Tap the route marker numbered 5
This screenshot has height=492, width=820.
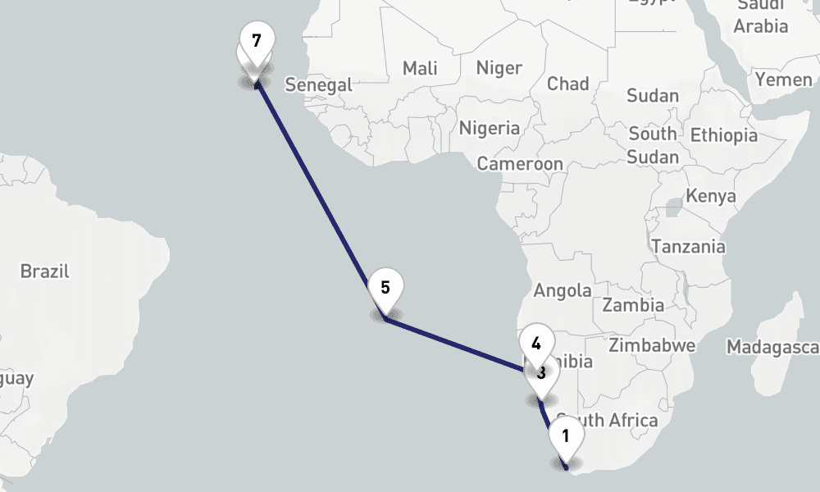tap(385, 289)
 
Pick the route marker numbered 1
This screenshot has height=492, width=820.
tap(566, 436)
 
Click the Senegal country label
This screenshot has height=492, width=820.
tap(318, 84)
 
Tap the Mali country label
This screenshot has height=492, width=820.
tap(420, 69)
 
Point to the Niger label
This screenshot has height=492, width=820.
tap(499, 67)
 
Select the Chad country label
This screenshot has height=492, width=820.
tap(568, 84)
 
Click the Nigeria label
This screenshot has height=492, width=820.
tap(490, 128)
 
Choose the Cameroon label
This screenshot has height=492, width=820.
tap(521, 164)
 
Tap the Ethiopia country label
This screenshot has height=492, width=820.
tap(724, 135)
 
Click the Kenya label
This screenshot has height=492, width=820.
tap(710, 197)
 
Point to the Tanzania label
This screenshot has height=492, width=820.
tap(688, 246)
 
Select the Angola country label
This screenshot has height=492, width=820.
tap(563, 290)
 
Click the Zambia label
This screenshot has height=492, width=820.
tap(633, 305)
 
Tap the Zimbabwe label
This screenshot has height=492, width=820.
tap(652, 344)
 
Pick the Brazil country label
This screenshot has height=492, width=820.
tap(45, 271)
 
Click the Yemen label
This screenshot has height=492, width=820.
tap(783, 80)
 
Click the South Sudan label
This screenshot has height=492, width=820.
tap(654, 145)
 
